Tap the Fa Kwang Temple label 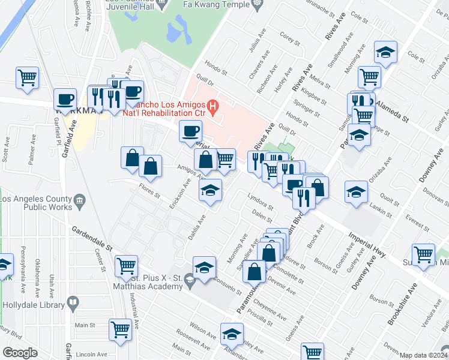(218, 4)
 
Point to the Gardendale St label (92, 238)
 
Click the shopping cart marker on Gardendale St (127, 265)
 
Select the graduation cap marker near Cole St (385, 53)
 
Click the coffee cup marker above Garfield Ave (65, 99)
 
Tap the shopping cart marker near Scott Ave (26, 77)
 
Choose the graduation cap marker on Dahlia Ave (209, 190)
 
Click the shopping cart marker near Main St (120, 329)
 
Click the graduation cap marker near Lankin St (356, 193)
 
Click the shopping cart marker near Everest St (424, 254)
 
